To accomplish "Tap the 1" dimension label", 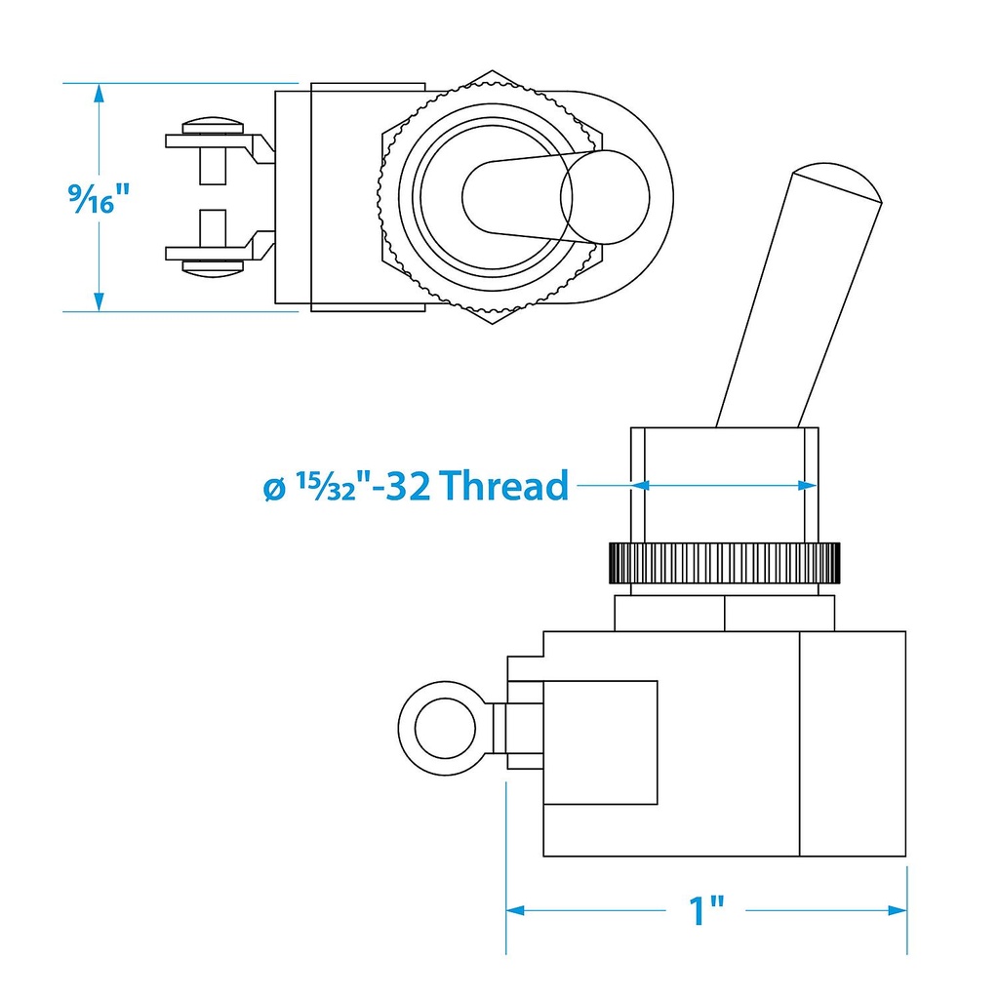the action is tap(706, 910).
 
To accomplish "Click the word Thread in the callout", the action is tap(503, 485).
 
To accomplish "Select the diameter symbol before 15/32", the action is tap(274, 490).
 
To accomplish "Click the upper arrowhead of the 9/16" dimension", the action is tap(99, 94).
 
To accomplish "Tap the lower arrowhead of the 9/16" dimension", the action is tap(99, 301).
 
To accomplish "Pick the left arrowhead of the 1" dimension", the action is tap(516, 910).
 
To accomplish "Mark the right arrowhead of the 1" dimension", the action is tap(897, 910).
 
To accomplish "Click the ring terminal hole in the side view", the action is tap(445, 728).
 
